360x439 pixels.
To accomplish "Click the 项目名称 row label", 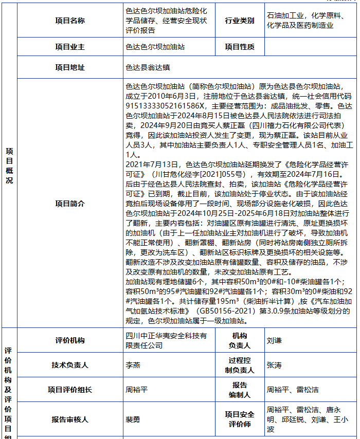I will coord(70,21).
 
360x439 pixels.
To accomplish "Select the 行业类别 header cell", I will coord(239,21).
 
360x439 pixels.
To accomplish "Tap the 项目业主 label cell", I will coord(70,47).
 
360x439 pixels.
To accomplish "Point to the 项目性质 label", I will coord(239,47).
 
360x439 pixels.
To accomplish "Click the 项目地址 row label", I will coord(70,67).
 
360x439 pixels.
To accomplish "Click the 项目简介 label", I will coord(70,203).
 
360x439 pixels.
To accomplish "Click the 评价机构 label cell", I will coord(70,340).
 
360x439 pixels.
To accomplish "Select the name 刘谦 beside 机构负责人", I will coord(274,340).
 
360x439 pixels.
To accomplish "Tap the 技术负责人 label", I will coord(70,365).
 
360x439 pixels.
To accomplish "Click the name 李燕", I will coord(133,365).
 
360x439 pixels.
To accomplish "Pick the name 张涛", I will coord(274,365).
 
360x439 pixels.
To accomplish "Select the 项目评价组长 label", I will coord(70,390).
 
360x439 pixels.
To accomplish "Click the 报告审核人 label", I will coord(70,419).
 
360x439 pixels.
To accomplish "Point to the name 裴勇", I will coord(133,419).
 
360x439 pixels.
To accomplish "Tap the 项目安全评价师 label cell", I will coord(239,419).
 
